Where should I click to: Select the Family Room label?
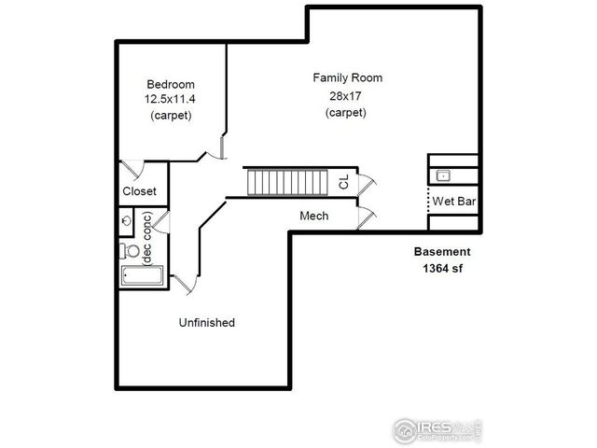[347, 77]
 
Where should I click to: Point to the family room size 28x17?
[346, 95]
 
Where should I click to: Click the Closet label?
[140, 191]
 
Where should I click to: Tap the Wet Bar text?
[454, 201]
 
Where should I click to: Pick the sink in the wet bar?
[444, 175]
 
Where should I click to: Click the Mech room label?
[312, 217]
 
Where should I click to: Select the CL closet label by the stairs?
[343, 182]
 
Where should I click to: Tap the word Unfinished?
[206, 323]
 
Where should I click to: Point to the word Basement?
[443, 252]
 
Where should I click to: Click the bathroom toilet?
[130, 250]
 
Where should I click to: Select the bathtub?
[142, 277]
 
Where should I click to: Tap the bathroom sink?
[127, 221]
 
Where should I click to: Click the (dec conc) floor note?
[146, 239]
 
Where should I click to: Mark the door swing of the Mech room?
[367, 217]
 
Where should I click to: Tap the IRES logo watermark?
[437, 430]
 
